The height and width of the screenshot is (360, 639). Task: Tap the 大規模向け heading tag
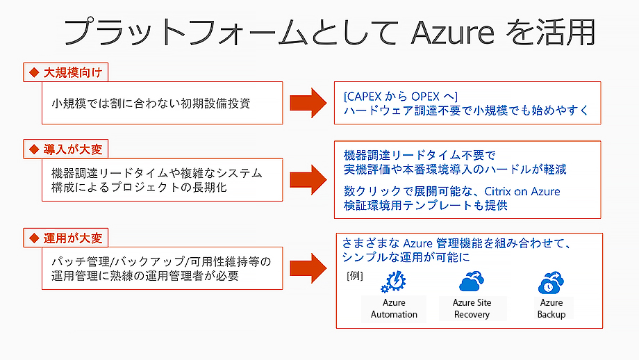[x=66, y=72]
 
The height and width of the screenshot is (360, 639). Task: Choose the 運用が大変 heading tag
[x=66, y=238]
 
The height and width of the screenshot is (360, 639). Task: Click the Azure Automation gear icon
[x=394, y=282]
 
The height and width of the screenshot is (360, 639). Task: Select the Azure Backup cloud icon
[x=551, y=284]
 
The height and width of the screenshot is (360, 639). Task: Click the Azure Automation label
[x=394, y=309]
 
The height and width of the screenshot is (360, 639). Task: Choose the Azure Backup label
[x=551, y=309]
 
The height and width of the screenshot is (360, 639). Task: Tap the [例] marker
[x=354, y=276]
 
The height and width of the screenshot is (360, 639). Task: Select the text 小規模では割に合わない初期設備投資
[x=151, y=104]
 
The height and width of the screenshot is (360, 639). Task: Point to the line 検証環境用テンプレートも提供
[x=426, y=205]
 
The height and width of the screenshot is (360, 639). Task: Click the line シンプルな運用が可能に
[x=406, y=257]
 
